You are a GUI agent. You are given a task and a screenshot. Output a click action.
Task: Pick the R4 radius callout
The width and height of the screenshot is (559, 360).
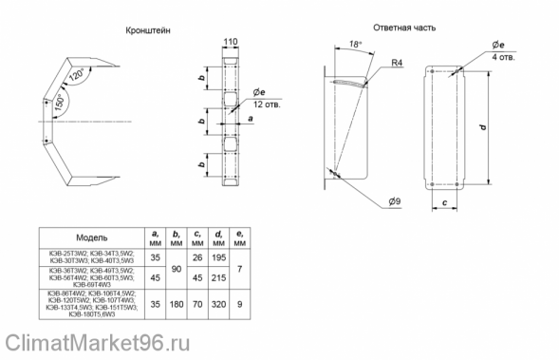coord(399,64)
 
